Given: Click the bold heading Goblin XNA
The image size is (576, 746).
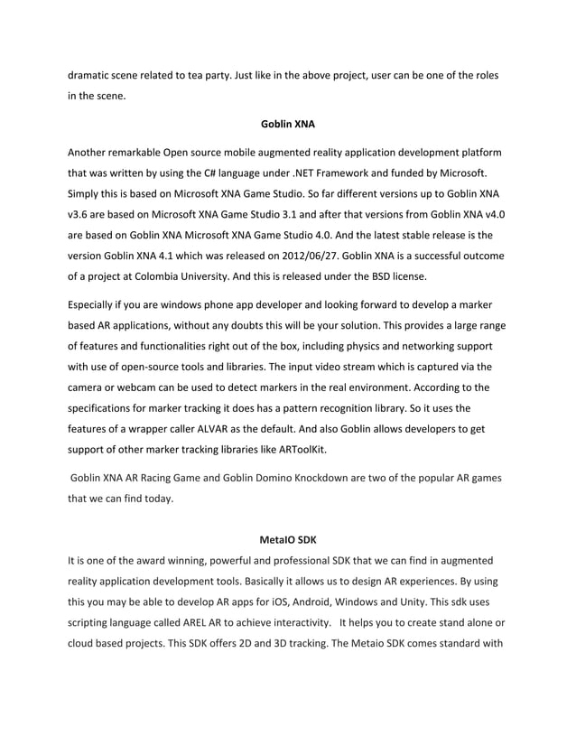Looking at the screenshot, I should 288,123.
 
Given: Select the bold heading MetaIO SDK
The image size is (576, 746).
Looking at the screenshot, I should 288,541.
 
